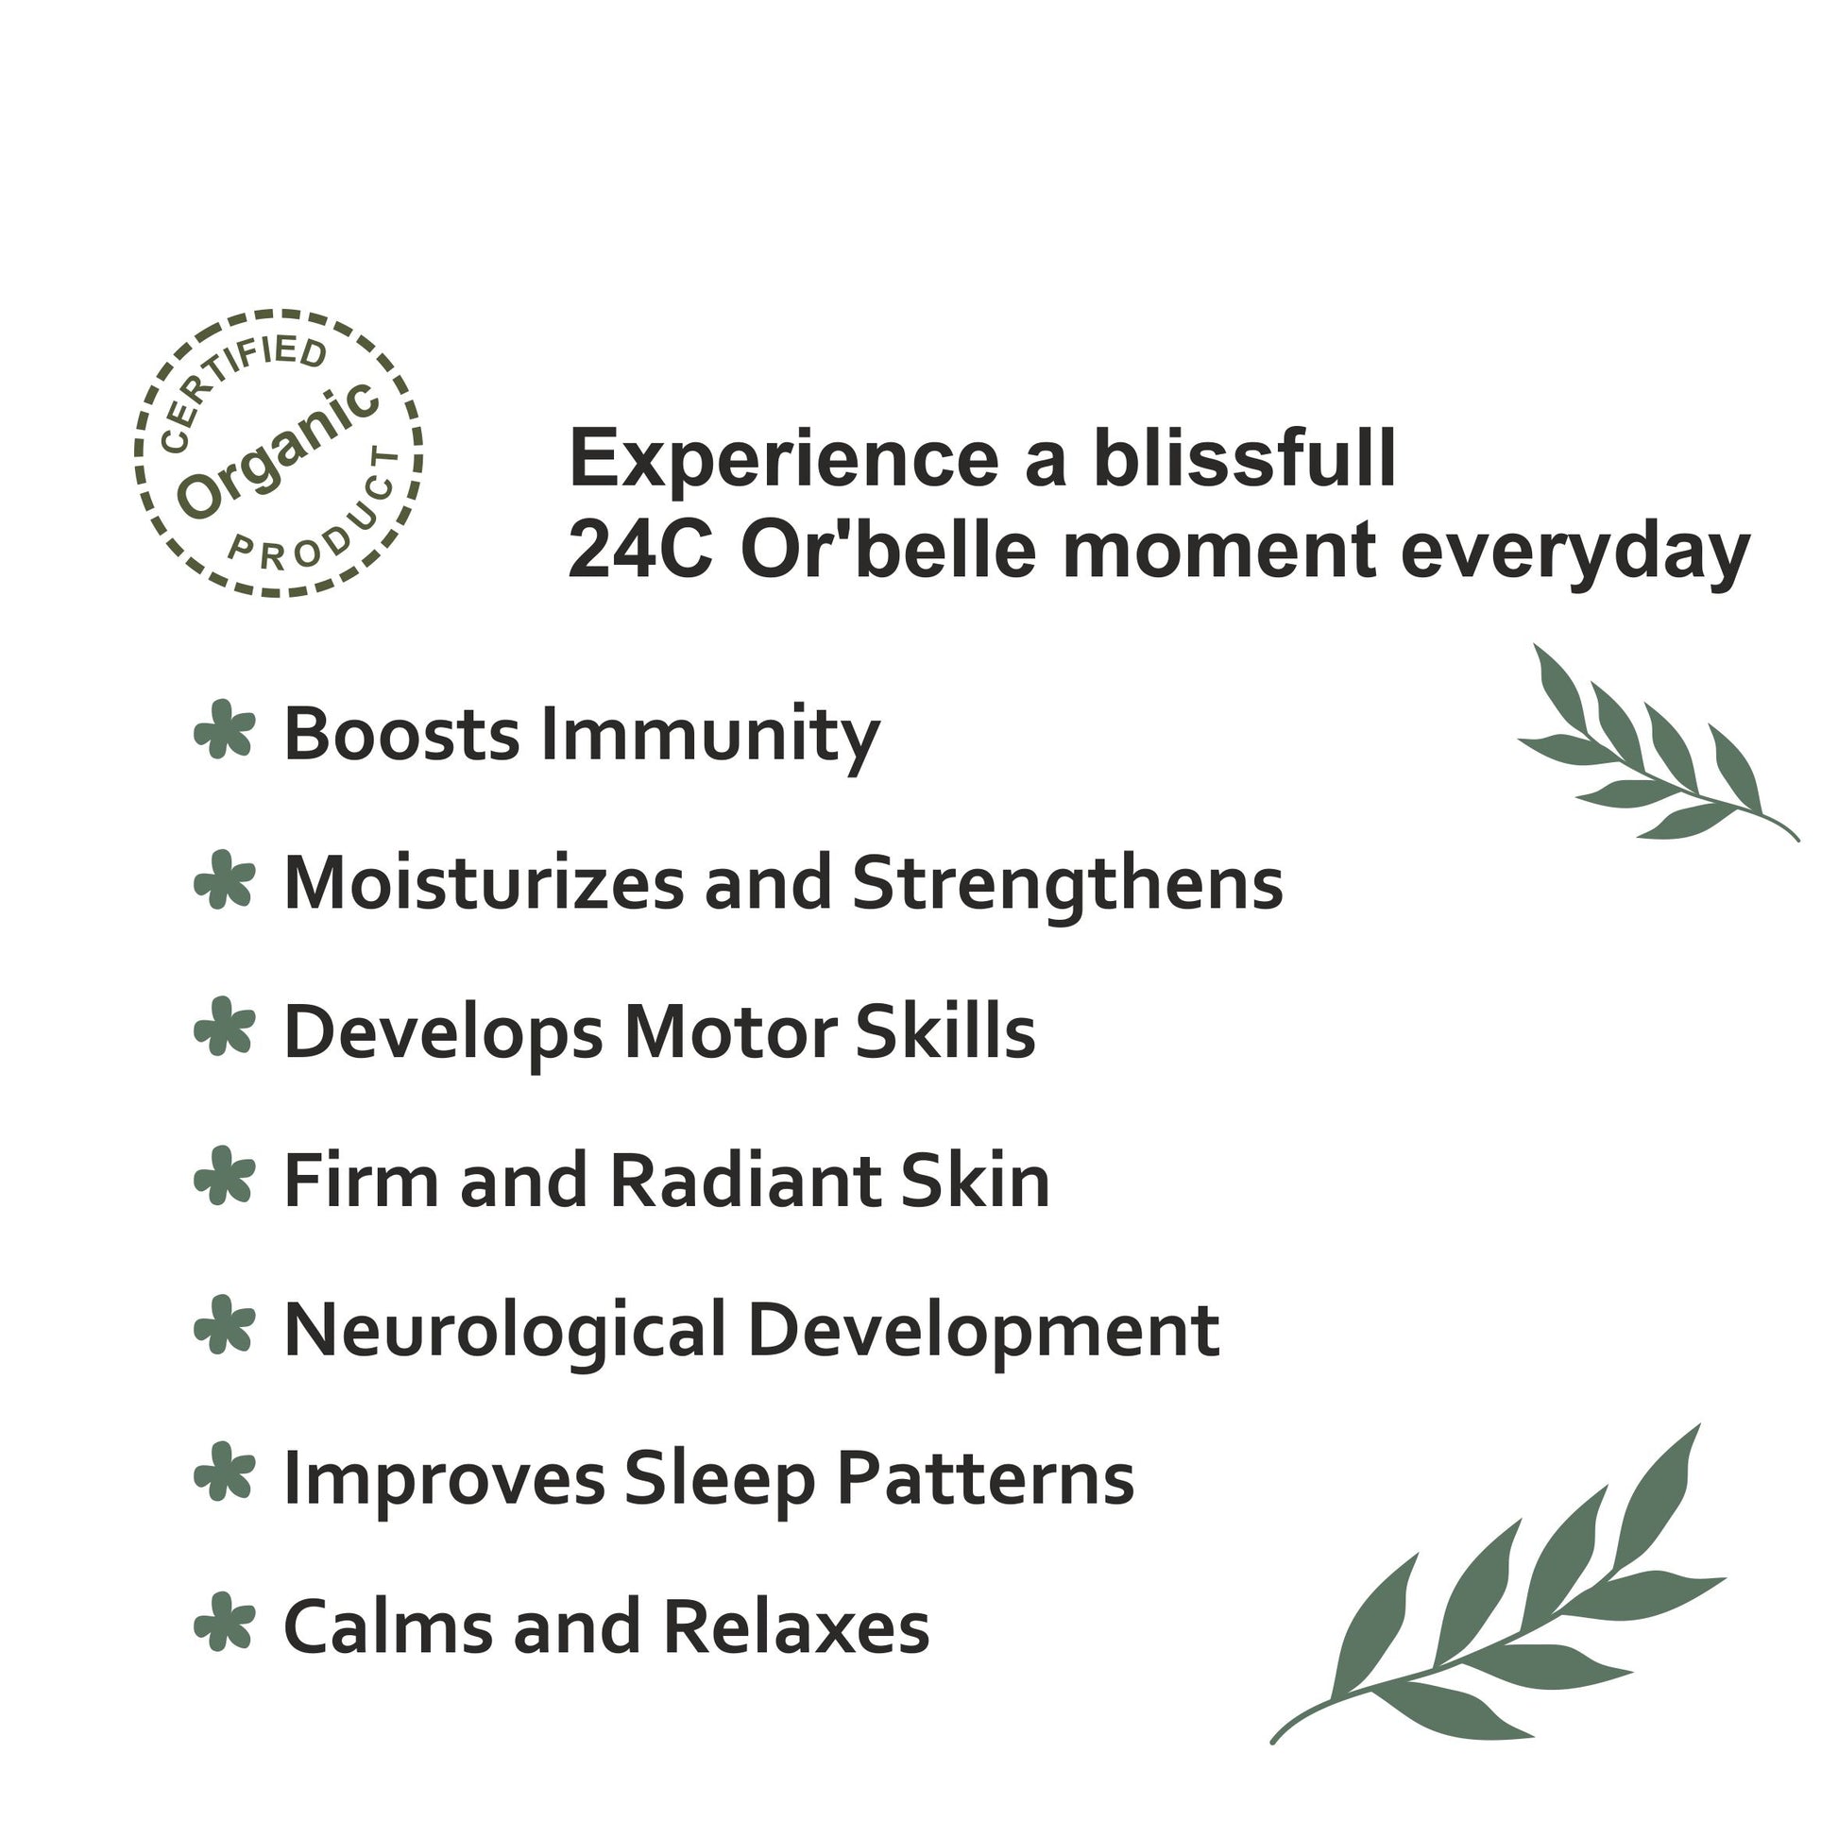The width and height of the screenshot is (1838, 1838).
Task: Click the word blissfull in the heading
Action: (1244, 457)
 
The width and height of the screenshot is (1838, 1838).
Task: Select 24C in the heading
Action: (639, 551)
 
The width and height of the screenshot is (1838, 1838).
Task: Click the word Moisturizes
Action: (485, 883)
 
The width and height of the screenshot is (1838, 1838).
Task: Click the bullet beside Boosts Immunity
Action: (225, 730)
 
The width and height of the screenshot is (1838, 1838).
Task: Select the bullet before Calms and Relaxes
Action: (225, 1621)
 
